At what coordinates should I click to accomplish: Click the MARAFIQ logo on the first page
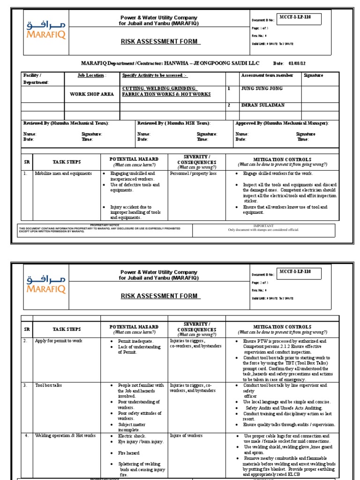[x=46, y=29]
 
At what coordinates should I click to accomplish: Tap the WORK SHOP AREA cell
[x=92, y=94]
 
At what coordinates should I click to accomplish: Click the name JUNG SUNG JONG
[x=262, y=88]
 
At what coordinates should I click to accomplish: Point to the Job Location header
[x=92, y=75]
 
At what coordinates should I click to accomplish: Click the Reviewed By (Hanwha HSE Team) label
[x=174, y=123]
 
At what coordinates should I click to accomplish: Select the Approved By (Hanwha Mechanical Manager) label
[x=282, y=123]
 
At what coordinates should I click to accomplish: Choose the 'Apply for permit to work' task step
[x=59, y=341]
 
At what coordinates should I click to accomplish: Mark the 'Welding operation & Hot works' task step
[x=65, y=435]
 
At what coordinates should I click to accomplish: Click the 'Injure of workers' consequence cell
[x=187, y=435]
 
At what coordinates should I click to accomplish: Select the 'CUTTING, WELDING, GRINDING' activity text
[x=159, y=88]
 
